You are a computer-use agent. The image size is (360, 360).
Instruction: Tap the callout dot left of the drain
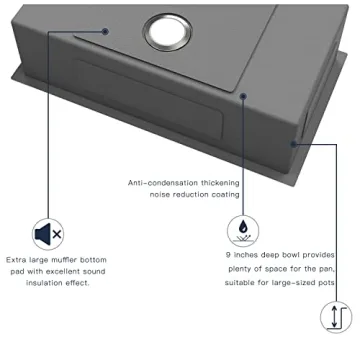(107, 30)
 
